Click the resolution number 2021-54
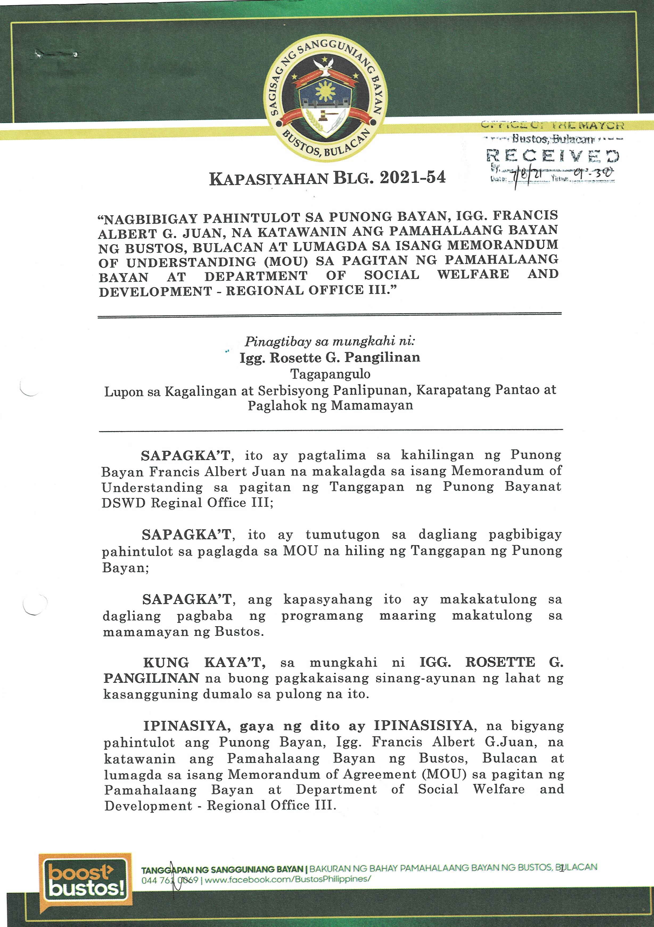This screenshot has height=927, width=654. pos(412,178)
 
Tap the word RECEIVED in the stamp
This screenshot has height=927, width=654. pos(553,156)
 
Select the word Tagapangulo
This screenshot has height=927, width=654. pos(330,374)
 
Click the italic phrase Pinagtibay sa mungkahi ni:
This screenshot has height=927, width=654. pos(330,342)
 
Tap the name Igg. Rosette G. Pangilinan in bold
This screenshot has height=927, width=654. pos(330,358)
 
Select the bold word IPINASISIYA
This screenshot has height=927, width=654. pos(424,726)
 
